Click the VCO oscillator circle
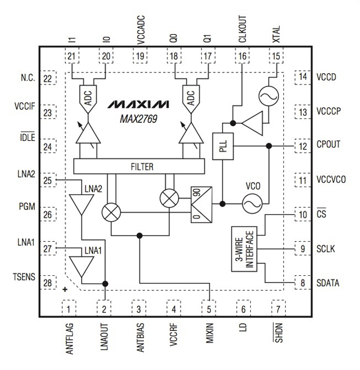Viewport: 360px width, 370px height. pyautogui.click(x=251, y=204)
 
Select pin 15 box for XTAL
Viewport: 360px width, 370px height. pyautogui.click(x=276, y=56)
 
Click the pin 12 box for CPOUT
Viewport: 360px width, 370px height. pyautogui.click(x=302, y=146)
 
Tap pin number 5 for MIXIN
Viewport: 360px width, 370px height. pyautogui.click(x=209, y=309)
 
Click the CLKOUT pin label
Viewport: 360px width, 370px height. pyautogui.click(x=242, y=26)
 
